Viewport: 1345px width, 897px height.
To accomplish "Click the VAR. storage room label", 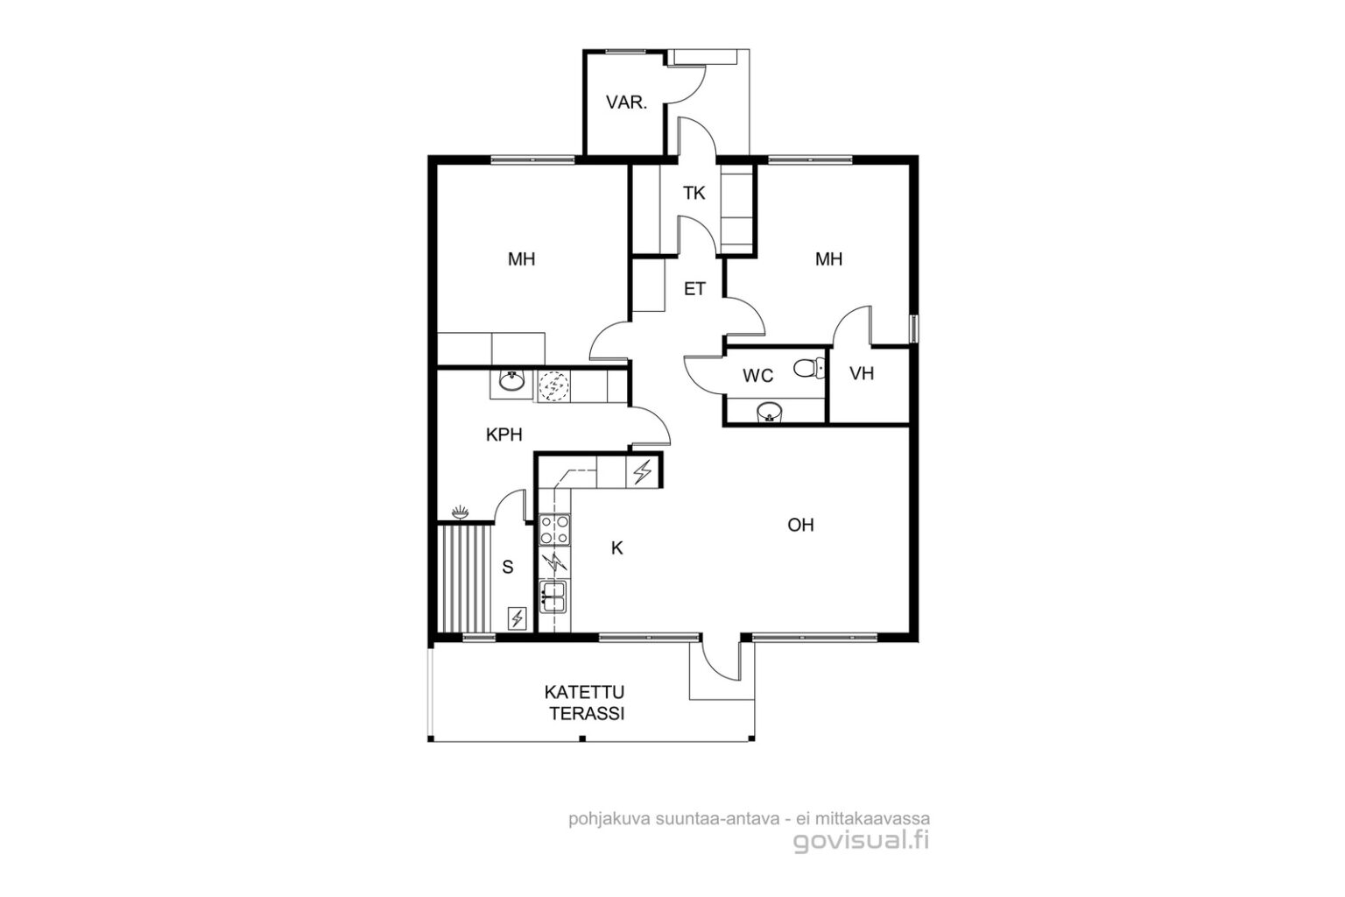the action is coord(626,102).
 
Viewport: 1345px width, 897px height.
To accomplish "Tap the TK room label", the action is coord(694,193).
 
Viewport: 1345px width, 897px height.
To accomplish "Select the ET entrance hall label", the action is coord(694,289).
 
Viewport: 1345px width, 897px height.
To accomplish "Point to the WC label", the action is coord(757,376).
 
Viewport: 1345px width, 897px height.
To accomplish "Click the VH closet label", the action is coord(862,374).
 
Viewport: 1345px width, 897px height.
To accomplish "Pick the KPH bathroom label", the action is coord(503,434).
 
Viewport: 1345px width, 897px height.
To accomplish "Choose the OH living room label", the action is coord(800,525).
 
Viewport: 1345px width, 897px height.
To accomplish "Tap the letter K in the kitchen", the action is coord(617,548).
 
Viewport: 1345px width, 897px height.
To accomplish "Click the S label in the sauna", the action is coord(508,567).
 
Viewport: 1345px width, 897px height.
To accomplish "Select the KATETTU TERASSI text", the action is coord(584,703).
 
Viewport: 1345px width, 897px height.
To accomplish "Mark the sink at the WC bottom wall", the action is coord(770,413).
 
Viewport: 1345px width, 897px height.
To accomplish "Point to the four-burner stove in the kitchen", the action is coord(555,529).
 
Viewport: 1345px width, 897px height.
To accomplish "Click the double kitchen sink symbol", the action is coord(553,597).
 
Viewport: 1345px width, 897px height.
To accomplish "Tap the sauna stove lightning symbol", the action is coord(517,618).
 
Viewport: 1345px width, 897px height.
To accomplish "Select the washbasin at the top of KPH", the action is coord(512,381).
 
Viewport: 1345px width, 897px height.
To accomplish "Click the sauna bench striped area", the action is coord(463,579).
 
